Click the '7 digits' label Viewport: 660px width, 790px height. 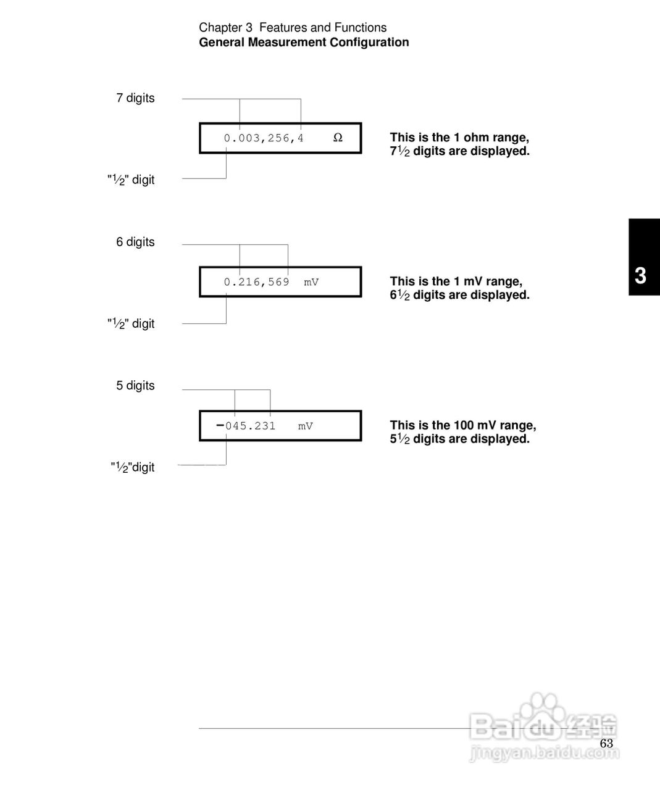[135, 98]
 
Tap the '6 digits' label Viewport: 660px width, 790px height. [135, 242]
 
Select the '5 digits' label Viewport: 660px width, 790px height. [135, 386]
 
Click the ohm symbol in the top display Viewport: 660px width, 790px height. [338, 138]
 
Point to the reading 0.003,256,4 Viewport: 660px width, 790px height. [264, 138]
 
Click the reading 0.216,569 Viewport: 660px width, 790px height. [256, 282]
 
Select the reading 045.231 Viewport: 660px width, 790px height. [251, 426]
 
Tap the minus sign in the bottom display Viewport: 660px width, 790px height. [220, 425]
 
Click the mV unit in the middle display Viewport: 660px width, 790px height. [311, 282]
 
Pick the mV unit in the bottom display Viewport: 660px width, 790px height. [306, 426]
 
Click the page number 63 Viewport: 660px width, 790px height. [606, 743]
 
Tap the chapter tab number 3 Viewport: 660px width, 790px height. [641, 275]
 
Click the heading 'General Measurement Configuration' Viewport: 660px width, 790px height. [304, 43]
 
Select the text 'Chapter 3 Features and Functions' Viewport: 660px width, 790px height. [293, 28]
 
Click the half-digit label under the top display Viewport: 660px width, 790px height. [131, 180]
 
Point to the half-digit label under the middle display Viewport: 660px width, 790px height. [131, 324]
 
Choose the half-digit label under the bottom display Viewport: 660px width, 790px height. [132, 468]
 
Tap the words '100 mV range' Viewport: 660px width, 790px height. [495, 425]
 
